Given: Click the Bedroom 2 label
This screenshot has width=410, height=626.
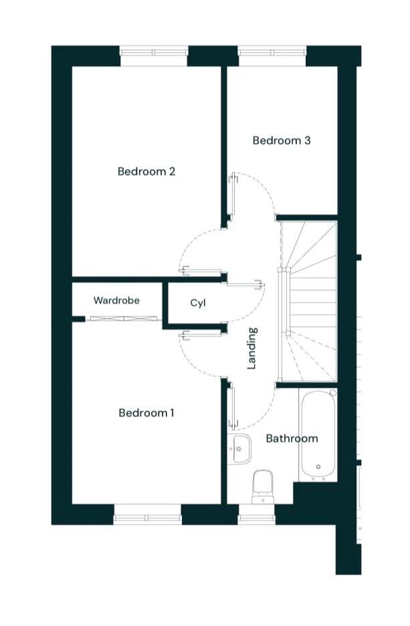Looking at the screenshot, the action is point(146,172).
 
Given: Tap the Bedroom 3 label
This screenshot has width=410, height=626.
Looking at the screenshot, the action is point(282,140).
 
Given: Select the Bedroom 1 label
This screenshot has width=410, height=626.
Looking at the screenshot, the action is point(146,413).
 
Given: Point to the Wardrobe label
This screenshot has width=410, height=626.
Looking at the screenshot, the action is point(116,300).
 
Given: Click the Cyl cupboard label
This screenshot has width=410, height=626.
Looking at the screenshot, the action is point(198,303).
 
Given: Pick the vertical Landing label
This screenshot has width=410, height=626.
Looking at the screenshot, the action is point(252,348).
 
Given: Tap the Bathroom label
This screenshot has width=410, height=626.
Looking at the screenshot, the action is point(292,438).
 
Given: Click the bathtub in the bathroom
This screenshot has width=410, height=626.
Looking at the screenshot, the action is point(318,435).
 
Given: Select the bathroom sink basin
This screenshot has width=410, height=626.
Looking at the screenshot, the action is point(239,449).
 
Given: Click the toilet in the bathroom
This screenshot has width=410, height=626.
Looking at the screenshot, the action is point(263,487).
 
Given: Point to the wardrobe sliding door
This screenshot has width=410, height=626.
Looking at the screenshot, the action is point(124,318).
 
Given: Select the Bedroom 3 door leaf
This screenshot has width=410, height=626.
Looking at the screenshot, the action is point(231,195).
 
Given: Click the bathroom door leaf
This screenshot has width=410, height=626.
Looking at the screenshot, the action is point(231,406).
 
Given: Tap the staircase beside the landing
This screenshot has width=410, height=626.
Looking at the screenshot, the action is point(308,302).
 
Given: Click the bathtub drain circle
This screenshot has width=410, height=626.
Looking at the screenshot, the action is point(318,466).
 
